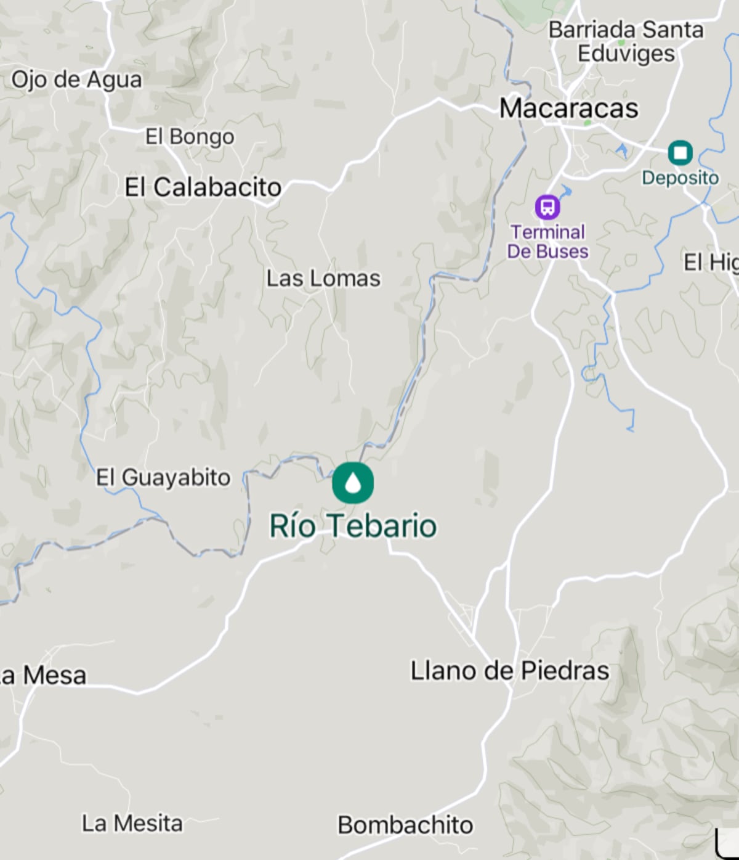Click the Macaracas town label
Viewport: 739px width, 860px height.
tap(568, 109)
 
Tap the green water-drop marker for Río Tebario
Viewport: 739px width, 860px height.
tap(353, 483)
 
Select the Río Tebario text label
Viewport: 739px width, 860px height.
tap(353, 526)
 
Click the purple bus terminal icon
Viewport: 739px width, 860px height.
tap(547, 207)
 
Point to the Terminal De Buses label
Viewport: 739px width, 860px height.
tap(547, 242)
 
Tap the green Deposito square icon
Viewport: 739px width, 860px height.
tap(680, 152)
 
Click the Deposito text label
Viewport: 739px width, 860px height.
tap(680, 178)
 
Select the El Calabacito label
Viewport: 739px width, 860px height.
tap(203, 187)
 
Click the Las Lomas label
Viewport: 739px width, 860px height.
tap(323, 279)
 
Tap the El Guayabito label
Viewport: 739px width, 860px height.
tap(163, 478)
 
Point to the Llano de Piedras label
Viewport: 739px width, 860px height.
tap(510, 671)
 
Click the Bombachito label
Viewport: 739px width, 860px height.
tap(405, 825)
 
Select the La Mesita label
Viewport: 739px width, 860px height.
tap(132, 823)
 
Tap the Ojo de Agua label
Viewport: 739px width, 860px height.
tap(76, 80)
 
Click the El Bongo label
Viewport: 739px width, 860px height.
tap(190, 136)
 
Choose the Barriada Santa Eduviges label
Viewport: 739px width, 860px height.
tap(626, 41)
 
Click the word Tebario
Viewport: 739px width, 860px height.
tap(381, 526)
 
